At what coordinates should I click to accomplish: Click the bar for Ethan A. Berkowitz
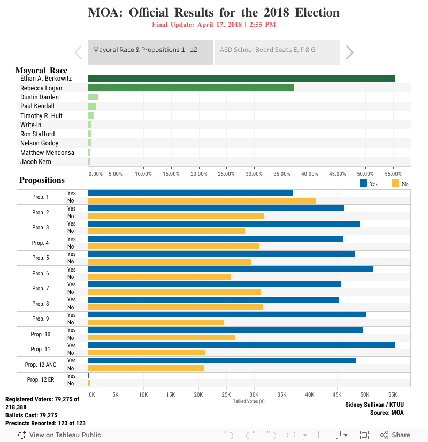click(x=241, y=78)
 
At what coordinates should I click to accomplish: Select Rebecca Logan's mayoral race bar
click(x=190, y=88)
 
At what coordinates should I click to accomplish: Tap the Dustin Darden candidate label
click(x=40, y=97)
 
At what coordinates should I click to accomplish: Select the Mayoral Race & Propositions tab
click(x=145, y=50)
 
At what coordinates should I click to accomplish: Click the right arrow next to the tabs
click(x=350, y=52)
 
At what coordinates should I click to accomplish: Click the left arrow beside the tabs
click(x=78, y=52)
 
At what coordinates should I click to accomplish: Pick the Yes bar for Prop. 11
click(x=241, y=345)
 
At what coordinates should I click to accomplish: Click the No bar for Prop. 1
click(x=202, y=201)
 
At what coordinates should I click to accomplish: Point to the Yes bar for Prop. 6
click(x=231, y=269)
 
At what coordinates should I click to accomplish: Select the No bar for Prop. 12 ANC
click(x=146, y=368)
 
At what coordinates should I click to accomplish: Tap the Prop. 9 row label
click(x=40, y=319)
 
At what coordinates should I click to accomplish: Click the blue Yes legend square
click(x=363, y=183)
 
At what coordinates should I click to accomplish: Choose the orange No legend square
click(x=395, y=183)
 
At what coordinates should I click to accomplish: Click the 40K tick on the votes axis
click(x=309, y=394)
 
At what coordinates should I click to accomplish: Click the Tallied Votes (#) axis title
click(x=249, y=401)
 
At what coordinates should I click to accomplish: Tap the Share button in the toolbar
click(x=395, y=435)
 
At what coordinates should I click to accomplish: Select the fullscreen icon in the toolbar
click(x=364, y=435)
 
